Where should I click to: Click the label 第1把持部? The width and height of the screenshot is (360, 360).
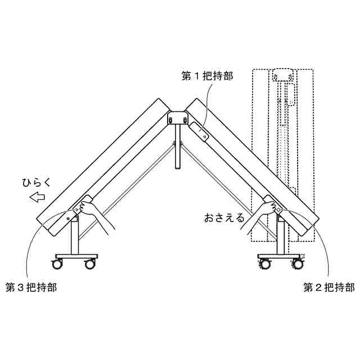point(208,76)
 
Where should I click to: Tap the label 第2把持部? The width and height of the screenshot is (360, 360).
point(329,287)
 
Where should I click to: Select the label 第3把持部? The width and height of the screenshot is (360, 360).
point(31,287)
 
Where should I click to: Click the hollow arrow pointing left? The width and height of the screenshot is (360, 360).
point(37,197)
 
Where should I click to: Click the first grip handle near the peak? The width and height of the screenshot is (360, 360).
point(200,130)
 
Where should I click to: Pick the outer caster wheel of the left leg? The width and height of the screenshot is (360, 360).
point(58,264)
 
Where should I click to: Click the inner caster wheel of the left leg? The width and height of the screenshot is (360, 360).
point(89,264)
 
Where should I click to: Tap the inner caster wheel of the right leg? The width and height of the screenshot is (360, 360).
point(264,264)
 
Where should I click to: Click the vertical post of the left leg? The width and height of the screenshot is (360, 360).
point(74,239)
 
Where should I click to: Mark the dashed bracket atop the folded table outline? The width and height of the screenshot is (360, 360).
point(282,75)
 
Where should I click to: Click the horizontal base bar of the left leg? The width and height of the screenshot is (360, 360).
point(74,256)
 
